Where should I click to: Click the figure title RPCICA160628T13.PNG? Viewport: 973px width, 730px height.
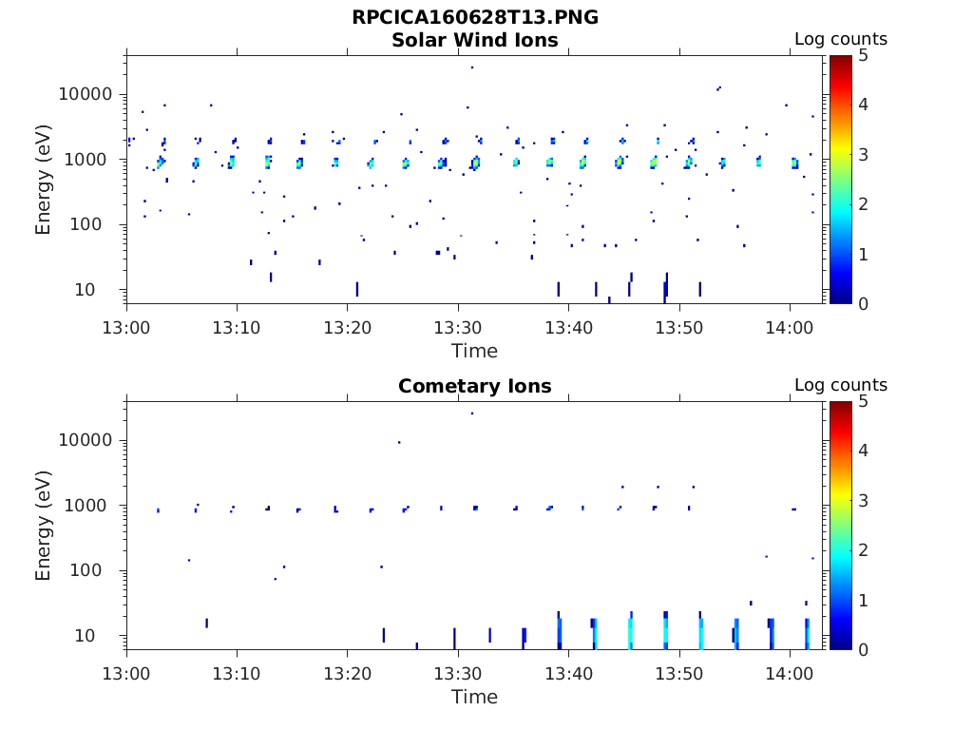click(475, 17)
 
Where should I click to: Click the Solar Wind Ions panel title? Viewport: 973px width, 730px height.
click(475, 40)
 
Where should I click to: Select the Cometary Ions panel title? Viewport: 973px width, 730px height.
click(475, 386)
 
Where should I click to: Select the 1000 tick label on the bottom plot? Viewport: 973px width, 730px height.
click(92, 506)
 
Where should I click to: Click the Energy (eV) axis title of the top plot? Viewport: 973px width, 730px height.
click(44, 180)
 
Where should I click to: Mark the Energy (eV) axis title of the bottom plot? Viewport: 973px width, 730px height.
click(44, 526)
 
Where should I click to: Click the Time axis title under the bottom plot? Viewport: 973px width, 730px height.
click(474, 697)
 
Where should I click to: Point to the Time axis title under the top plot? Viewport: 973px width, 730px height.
click(474, 351)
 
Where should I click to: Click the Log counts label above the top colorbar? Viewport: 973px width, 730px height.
click(840, 39)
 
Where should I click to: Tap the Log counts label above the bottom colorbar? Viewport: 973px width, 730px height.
click(840, 385)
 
